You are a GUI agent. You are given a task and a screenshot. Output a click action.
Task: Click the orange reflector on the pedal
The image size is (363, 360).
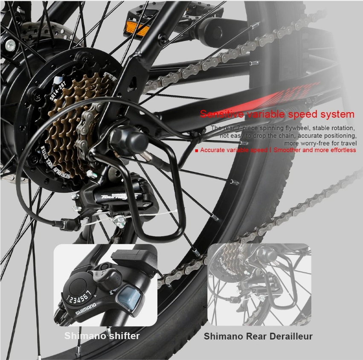pyautogui.click(x=136, y=29)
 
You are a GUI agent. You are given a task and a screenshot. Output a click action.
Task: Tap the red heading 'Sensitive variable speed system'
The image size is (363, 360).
pyautogui.click(x=277, y=114)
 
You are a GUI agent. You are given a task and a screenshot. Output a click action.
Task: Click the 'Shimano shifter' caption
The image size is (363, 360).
pyautogui.click(x=102, y=336)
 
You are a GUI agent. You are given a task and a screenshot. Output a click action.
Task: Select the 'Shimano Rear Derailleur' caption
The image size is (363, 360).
pyautogui.click(x=258, y=336)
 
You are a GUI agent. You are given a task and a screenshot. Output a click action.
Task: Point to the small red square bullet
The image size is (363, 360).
pyautogui.click(x=197, y=151)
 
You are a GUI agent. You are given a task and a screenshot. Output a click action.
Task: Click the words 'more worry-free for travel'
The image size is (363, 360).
pyautogui.click(x=320, y=143)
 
